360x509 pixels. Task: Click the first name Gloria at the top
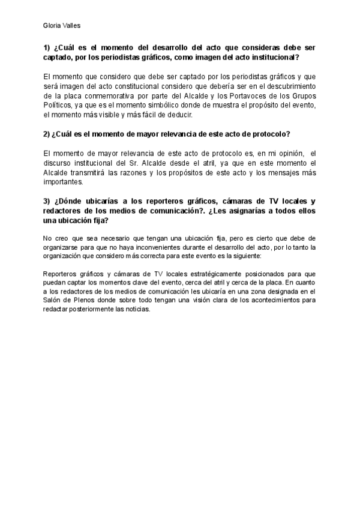[53, 25]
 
